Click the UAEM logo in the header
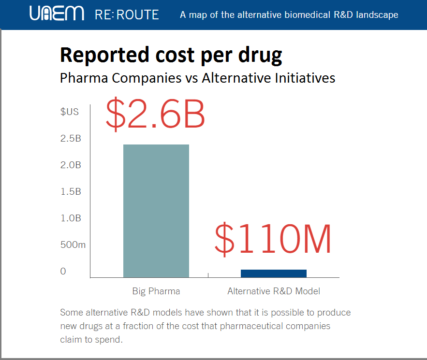[x=57, y=14]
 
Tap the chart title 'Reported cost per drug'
[x=171, y=55]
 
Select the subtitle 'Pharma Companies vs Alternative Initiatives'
[x=197, y=78]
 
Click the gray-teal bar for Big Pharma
[x=156, y=211]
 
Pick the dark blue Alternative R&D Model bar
[x=273, y=274]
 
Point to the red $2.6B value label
[x=155, y=114]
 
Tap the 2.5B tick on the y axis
[x=71, y=139]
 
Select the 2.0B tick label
[x=71, y=165]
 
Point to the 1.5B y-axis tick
[x=71, y=192]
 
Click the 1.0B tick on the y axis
[x=71, y=218]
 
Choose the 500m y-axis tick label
[x=73, y=245]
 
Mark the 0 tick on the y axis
[x=63, y=272]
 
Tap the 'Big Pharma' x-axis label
[x=156, y=291]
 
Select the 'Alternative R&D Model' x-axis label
[x=273, y=291]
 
